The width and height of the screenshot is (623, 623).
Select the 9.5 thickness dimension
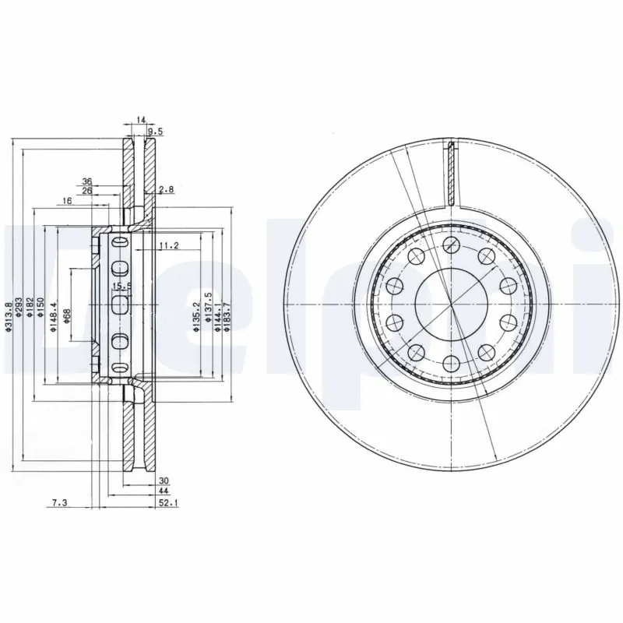point(154,131)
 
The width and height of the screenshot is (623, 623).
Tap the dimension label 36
point(87,181)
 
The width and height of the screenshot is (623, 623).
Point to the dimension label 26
point(87,191)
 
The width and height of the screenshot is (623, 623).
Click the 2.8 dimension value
point(165,190)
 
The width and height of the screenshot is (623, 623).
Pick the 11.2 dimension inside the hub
point(169,247)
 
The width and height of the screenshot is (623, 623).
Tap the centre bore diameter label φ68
point(67,317)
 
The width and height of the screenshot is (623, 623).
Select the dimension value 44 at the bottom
point(164,492)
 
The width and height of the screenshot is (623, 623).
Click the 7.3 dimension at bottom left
point(59,505)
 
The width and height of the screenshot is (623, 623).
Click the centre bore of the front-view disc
point(451,302)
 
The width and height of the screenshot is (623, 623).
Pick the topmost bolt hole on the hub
point(451,244)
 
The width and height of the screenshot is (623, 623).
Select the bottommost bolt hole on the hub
point(451,361)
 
